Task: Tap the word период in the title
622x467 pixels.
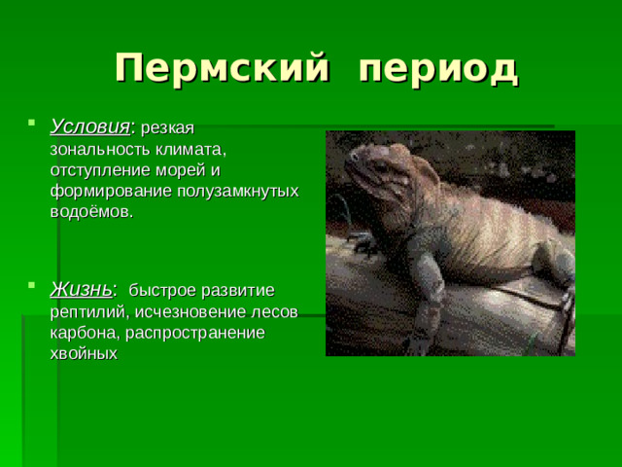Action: [x=437, y=69]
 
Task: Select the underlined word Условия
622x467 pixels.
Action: [x=89, y=126]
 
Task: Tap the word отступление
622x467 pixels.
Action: [x=96, y=170]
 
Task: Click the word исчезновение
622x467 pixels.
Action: [x=191, y=311]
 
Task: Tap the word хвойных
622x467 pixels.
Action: [x=83, y=354]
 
